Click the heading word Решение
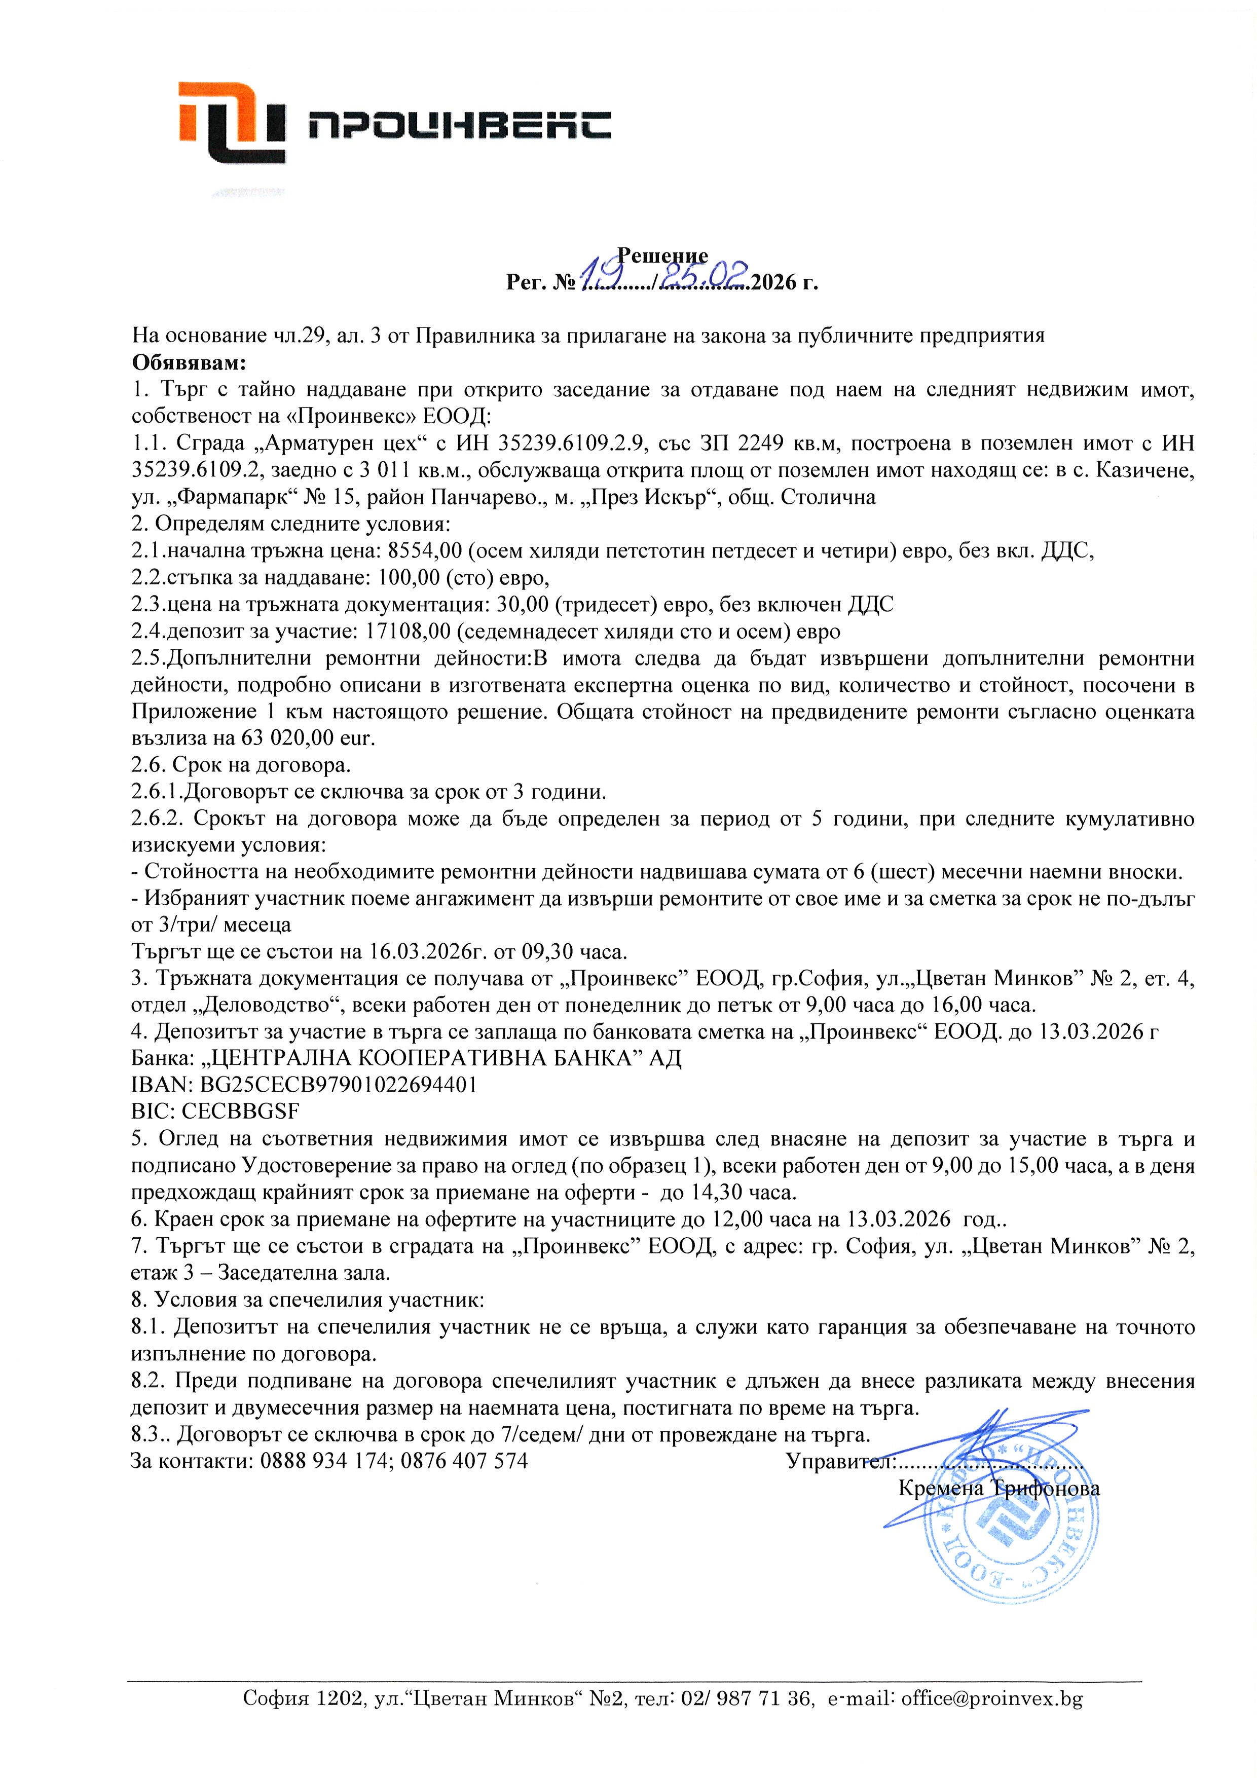click(x=662, y=255)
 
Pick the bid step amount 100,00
click(x=406, y=578)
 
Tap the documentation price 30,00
click(x=520, y=604)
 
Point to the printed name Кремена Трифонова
click(x=999, y=1489)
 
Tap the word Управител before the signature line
click(x=839, y=1461)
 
